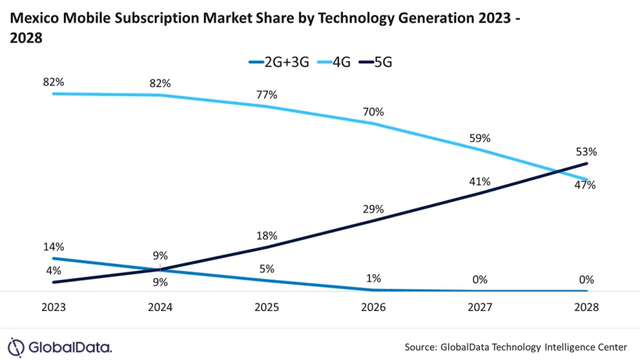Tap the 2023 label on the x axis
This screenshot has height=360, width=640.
point(53,308)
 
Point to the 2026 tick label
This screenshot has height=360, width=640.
point(373,308)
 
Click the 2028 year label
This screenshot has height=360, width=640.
point(587,308)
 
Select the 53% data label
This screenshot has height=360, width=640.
point(587,152)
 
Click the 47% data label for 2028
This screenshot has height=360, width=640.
point(586,186)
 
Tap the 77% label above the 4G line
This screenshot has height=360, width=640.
point(267,95)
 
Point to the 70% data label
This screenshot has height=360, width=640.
point(373,112)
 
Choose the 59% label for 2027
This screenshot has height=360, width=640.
point(480,139)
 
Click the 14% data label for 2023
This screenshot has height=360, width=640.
point(53,247)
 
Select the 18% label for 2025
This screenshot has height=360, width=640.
point(267,235)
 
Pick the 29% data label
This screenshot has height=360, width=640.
point(373,209)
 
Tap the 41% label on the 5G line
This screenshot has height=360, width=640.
point(480,181)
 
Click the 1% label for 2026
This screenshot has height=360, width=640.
point(373,280)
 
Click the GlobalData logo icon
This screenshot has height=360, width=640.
point(16,347)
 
